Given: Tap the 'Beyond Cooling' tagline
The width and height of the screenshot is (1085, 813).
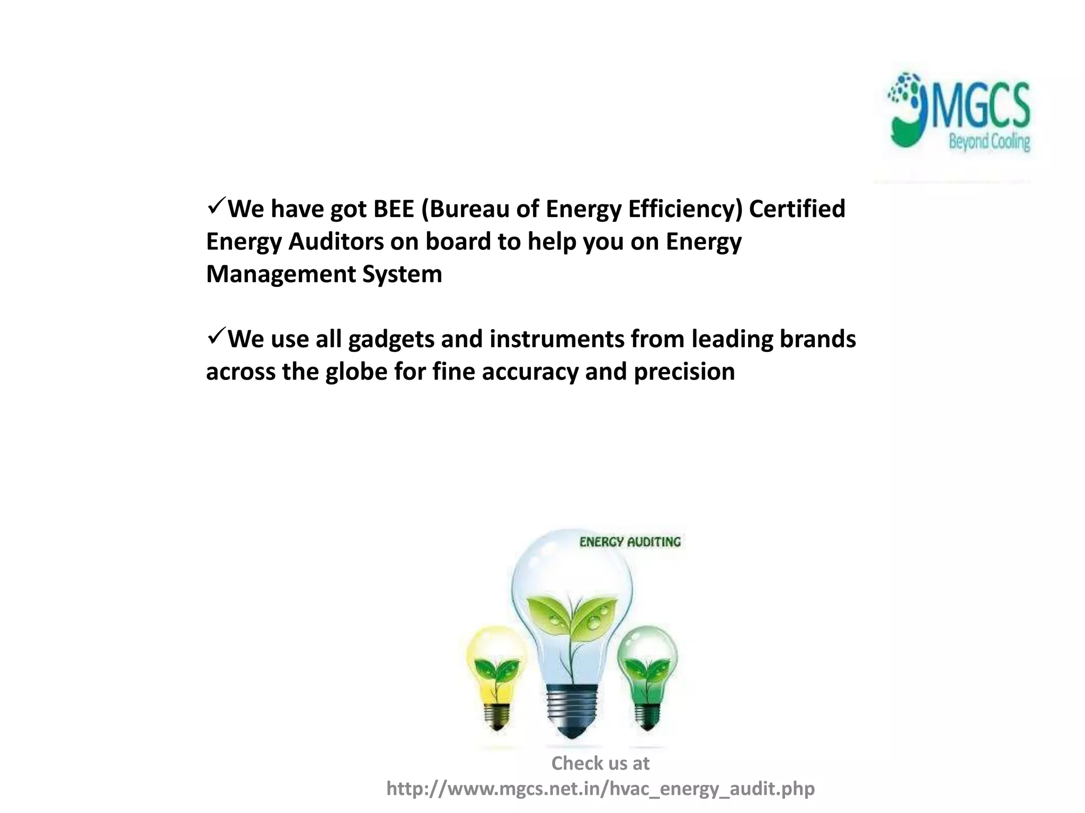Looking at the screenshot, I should pos(989,142).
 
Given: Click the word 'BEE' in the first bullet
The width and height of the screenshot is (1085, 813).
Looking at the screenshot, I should pos(393,209).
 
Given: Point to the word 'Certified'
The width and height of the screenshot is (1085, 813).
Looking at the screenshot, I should pos(797,209).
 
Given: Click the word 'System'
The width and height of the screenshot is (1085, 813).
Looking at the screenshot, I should pos(402,275).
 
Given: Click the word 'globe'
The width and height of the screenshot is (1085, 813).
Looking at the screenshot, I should pos(357,372).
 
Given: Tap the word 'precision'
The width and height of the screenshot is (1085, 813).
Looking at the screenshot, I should pos(684,372).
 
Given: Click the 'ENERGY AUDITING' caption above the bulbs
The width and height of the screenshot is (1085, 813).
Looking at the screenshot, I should pos(630,542).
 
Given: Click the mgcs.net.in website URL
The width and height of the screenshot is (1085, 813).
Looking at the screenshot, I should pos(600,789).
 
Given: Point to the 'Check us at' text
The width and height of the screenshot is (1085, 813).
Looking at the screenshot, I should pos(600,763).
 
